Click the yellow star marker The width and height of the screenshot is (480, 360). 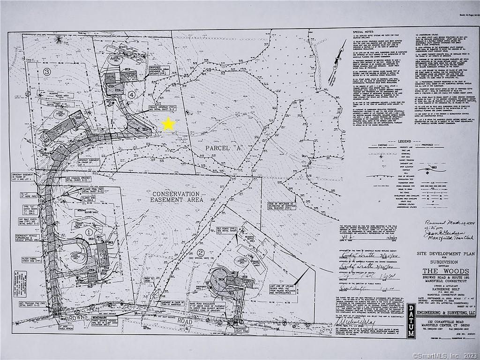pos(168,124)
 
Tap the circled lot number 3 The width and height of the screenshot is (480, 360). pos(46,72)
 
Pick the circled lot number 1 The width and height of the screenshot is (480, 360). pos(90,232)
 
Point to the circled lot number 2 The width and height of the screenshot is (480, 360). pos(201,253)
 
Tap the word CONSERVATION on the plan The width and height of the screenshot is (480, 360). pos(176,194)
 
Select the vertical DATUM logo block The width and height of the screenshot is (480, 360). pos(411,321)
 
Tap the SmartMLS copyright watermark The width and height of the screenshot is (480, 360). pos(446,356)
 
